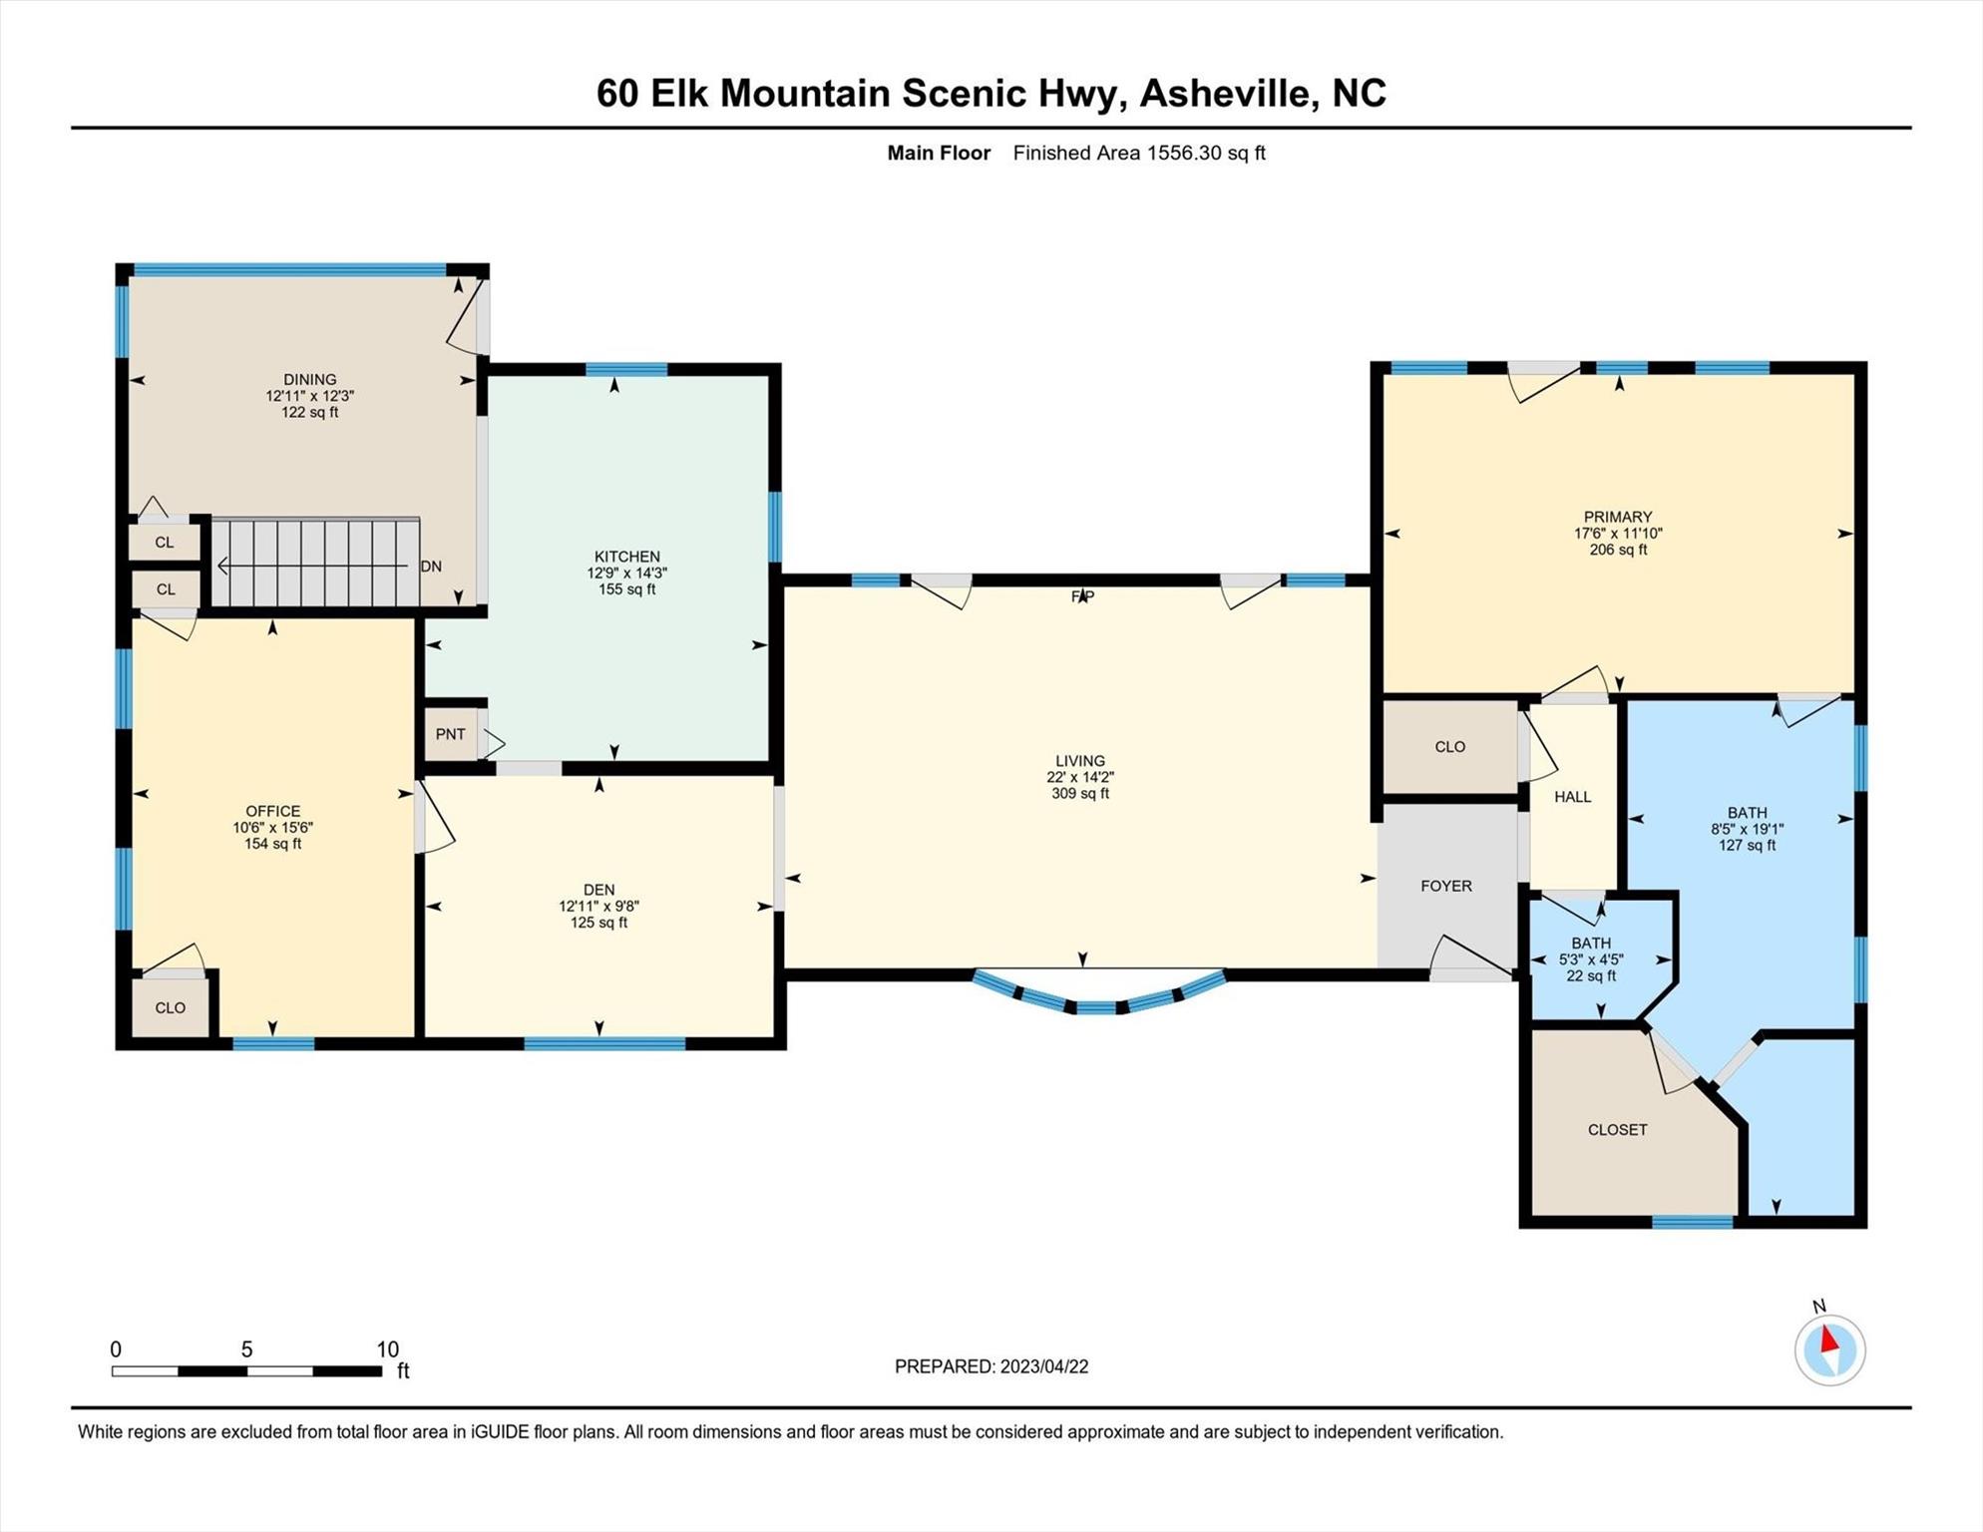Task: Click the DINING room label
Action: point(309,379)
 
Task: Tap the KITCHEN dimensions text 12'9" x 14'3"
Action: point(626,574)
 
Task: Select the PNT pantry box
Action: point(451,734)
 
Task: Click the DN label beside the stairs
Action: point(431,567)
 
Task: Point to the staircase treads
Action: point(314,563)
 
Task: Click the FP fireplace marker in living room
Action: point(1082,596)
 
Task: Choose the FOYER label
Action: point(1445,886)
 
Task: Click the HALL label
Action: point(1572,797)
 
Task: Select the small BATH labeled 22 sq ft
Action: point(1590,959)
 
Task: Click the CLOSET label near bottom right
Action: point(1617,1130)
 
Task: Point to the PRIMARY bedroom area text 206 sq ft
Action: point(1618,550)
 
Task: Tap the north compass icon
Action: point(1829,1349)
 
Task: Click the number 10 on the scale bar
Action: point(387,1349)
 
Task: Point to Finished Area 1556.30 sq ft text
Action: point(1138,153)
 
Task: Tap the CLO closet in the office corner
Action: point(171,1007)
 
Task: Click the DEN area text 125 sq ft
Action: point(598,923)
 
